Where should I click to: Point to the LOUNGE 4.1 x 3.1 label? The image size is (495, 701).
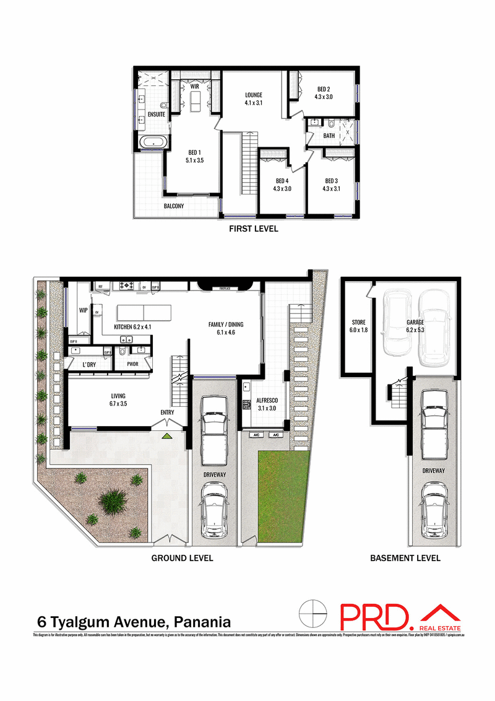254,99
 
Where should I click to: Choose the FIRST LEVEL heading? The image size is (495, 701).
253,229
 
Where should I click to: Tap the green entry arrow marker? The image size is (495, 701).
166,435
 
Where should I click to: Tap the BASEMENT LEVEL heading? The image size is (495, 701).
405,558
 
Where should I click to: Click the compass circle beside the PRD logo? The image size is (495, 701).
313,614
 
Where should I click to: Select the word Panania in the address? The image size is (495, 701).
203,621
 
